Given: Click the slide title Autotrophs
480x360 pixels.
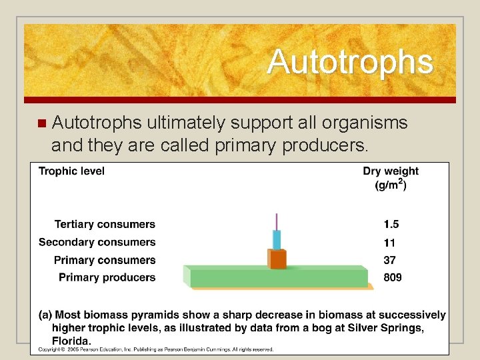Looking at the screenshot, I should (x=350, y=63).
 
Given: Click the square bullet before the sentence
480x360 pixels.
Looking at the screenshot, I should (x=42, y=123).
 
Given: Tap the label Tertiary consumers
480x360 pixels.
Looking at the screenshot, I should (x=105, y=225).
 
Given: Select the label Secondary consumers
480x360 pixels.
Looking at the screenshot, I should (x=97, y=242).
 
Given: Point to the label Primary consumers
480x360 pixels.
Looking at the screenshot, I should (x=105, y=260).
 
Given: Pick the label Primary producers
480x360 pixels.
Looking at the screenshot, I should (x=107, y=277).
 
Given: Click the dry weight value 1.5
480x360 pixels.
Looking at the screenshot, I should (x=391, y=225).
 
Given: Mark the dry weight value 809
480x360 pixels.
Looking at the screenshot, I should (x=391, y=277).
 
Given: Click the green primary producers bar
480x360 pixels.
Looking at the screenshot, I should (x=277, y=277).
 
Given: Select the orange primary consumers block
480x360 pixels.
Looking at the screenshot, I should (x=277, y=259).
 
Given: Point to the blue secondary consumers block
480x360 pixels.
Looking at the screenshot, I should (x=277, y=239).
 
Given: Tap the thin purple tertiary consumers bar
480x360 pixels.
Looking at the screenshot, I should (x=277, y=221).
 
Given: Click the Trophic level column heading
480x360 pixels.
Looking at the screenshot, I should (x=71, y=171).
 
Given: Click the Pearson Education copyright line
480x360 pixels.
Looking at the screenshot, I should (x=155, y=349).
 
